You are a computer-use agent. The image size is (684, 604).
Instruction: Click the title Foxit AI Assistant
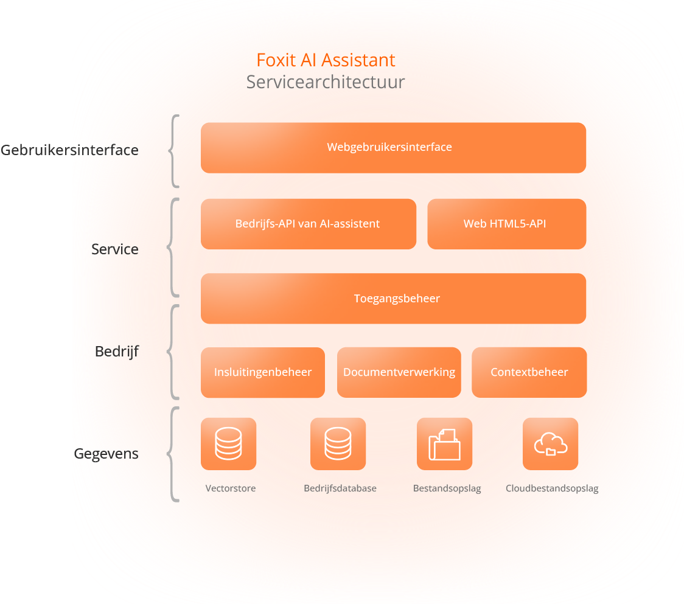point(326,60)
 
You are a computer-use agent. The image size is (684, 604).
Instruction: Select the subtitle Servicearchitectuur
point(326,82)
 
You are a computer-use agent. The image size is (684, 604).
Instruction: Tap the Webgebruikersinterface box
point(393,147)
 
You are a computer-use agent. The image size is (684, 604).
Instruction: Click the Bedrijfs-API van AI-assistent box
point(308,224)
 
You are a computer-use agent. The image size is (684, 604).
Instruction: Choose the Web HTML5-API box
point(506,224)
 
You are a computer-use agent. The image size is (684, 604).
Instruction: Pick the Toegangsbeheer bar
point(393,299)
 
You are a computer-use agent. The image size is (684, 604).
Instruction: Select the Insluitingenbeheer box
point(263,372)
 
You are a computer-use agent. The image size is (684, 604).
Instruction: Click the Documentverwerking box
point(399,372)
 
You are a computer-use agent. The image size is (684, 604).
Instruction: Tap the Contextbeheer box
point(529,372)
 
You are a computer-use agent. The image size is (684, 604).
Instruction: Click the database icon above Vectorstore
point(228,444)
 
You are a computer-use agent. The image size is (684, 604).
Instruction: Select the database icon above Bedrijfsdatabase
point(338,444)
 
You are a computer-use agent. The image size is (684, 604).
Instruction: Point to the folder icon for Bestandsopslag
point(444,444)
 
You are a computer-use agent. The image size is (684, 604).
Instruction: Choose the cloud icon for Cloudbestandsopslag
point(550,444)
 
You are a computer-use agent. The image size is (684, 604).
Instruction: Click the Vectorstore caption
point(231,488)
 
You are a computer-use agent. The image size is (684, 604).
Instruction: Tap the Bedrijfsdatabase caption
point(340,488)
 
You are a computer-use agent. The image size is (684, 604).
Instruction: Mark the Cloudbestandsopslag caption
point(552,488)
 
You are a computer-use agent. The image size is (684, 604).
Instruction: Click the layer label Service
point(115,249)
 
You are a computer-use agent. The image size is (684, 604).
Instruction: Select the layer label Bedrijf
point(117,352)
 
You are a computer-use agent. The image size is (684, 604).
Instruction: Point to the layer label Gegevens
point(106,454)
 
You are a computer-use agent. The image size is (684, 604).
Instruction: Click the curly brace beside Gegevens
point(173,454)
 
